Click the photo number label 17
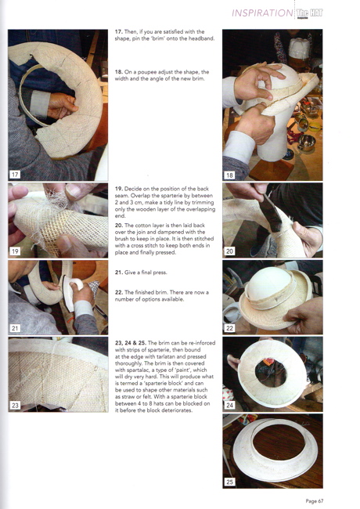tap(15, 175)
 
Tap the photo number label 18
tap(229, 175)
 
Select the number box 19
tap(15, 251)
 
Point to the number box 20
tap(229, 251)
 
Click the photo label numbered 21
tap(15, 328)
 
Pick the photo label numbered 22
tap(229, 328)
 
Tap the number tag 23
tap(15, 405)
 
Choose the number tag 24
tap(229, 405)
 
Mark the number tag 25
tap(229, 482)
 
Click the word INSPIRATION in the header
tap(262, 13)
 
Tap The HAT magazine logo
tap(309, 13)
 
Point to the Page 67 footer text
tap(315, 501)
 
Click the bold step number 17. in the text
tap(119, 32)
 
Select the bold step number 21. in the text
tap(119, 273)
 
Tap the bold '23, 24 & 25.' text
tap(131, 343)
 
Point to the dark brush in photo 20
tap(271, 213)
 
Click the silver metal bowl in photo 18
tap(307, 143)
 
